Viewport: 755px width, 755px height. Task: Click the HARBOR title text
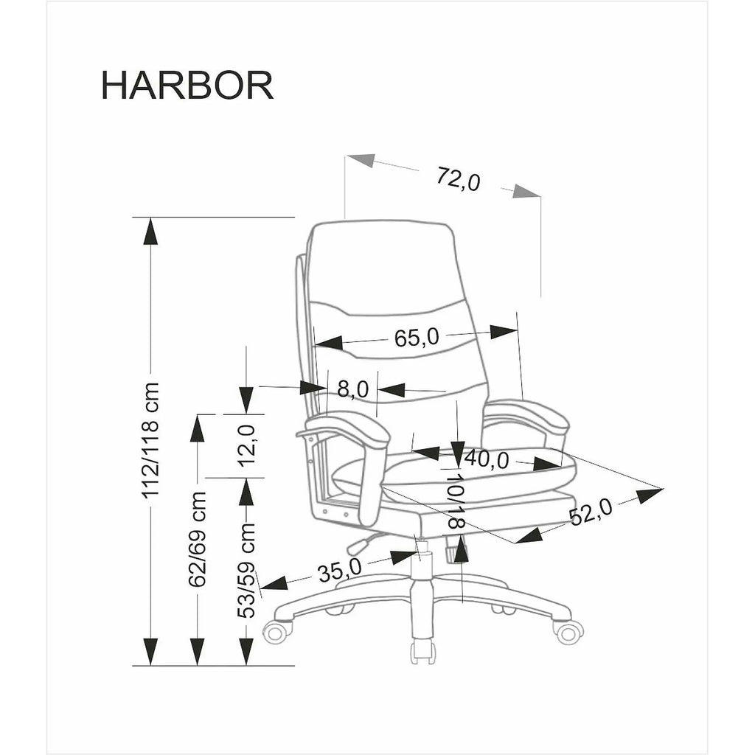[187, 86]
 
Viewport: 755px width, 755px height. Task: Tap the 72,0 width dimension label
[459, 178]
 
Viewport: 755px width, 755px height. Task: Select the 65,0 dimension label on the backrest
[417, 338]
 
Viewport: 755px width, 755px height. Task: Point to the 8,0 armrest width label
[352, 389]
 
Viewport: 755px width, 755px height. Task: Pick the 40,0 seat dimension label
[487, 459]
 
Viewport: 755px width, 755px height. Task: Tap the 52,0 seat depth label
[591, 512]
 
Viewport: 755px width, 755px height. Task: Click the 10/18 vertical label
[454, 501]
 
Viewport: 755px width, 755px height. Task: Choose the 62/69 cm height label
[197, 539]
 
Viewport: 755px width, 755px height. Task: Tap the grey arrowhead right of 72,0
[526, 191]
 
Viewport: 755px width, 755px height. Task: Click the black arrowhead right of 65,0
[504, 331]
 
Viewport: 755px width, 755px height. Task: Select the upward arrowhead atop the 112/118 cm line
[150, 232]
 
